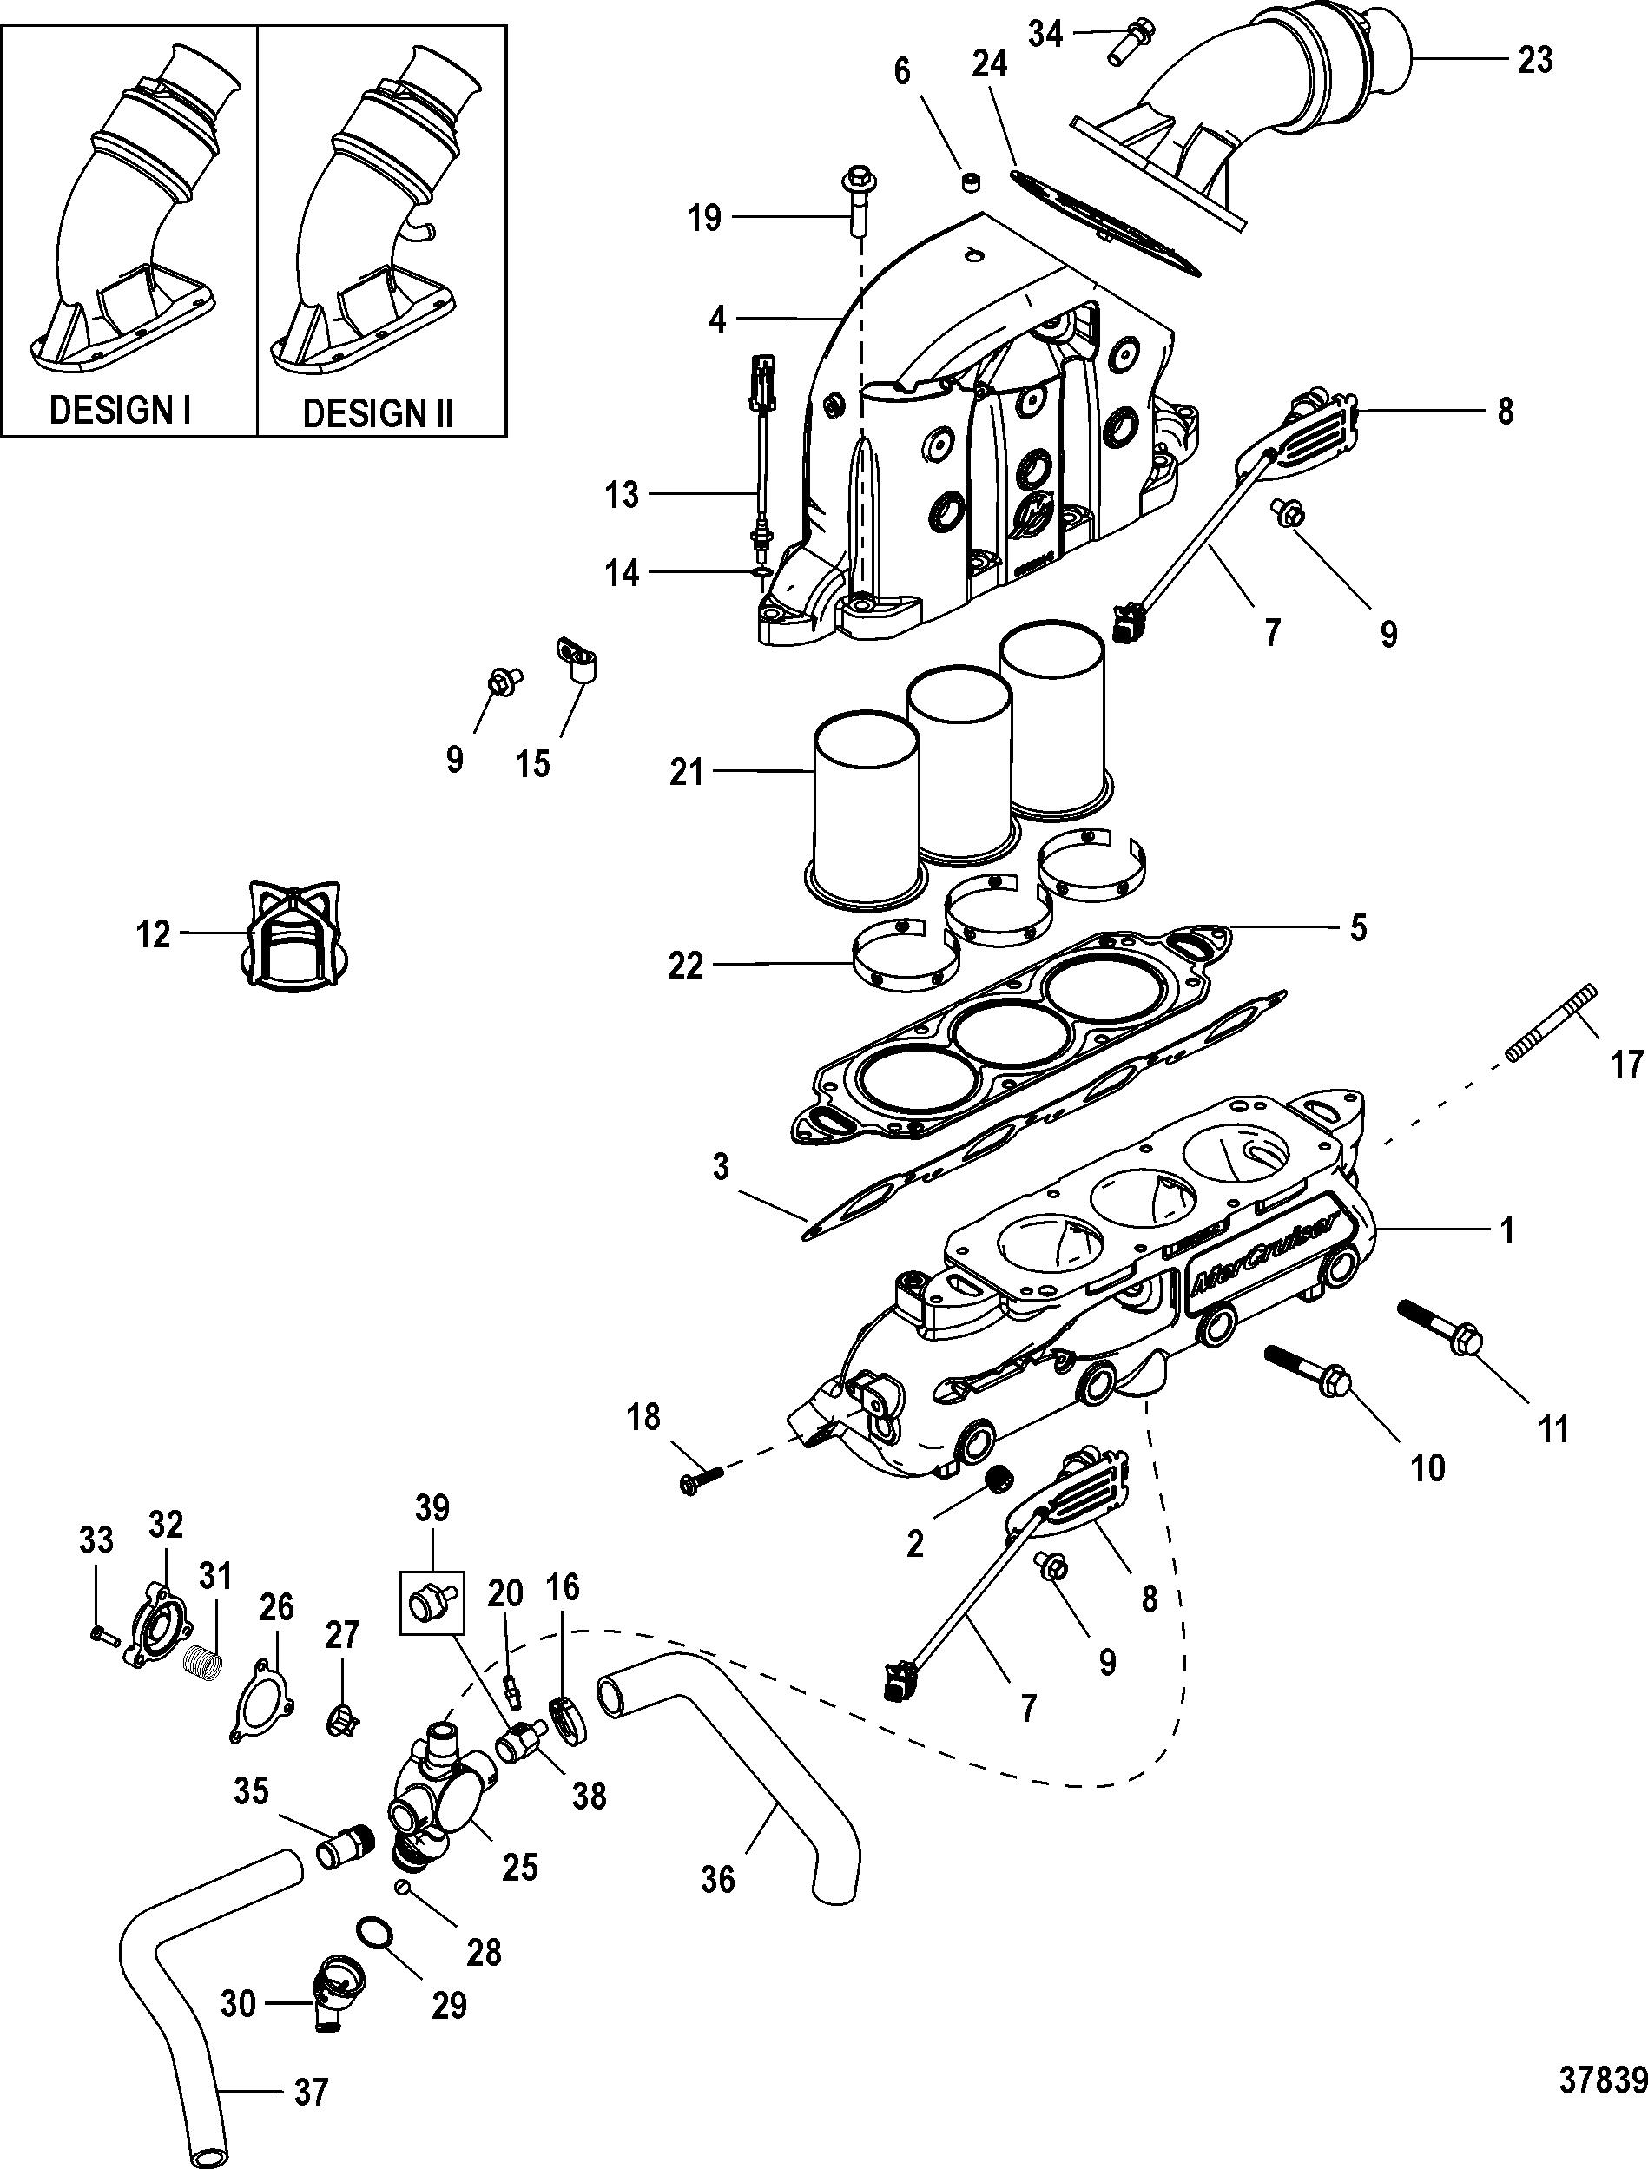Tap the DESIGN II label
point(378,413)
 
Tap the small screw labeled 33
point(102,1633)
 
